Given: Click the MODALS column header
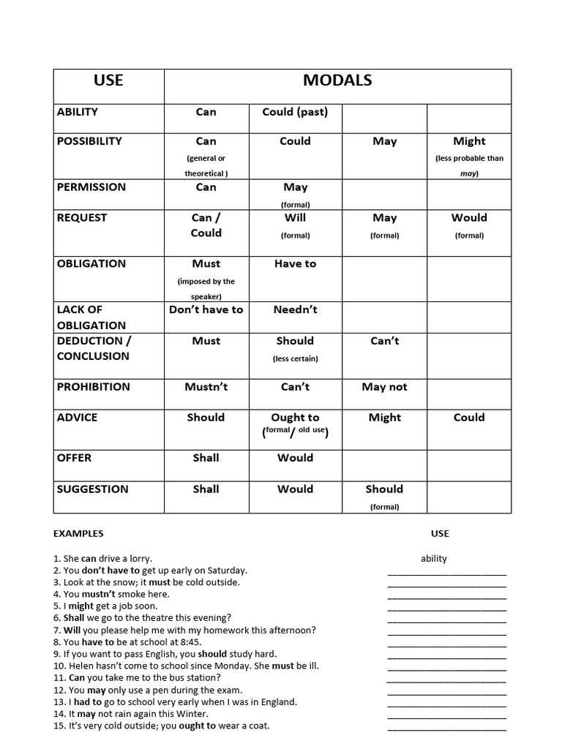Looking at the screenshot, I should pos(337,80).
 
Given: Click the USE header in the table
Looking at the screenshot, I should pos(108,80).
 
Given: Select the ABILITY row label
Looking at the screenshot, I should pos(78,112).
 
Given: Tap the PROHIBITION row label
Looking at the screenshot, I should pos(93,387).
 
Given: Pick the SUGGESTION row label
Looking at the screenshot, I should pos(92,489).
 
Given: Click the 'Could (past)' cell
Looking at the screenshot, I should pos(295,112).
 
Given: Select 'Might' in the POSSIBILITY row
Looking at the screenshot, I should pos(469,141).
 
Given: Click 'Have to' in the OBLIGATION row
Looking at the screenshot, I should pos(295,264).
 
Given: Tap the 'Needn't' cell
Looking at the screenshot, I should pos(295,309).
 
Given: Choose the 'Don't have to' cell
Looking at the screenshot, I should pos(206,309).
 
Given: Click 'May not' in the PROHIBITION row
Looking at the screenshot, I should pos(384,387).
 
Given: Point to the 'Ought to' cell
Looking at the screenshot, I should pos(295,418).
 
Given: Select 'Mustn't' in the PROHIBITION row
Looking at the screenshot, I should pos(206,387).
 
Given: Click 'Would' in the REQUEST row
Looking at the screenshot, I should pos(469,218).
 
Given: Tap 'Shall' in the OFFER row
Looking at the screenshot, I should pos(206,458).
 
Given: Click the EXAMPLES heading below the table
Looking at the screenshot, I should pos(78,533).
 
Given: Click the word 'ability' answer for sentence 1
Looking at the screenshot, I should pos(434,558).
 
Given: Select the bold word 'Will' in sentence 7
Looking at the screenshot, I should pos(72,630).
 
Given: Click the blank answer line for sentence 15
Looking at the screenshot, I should pos(446,728).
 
